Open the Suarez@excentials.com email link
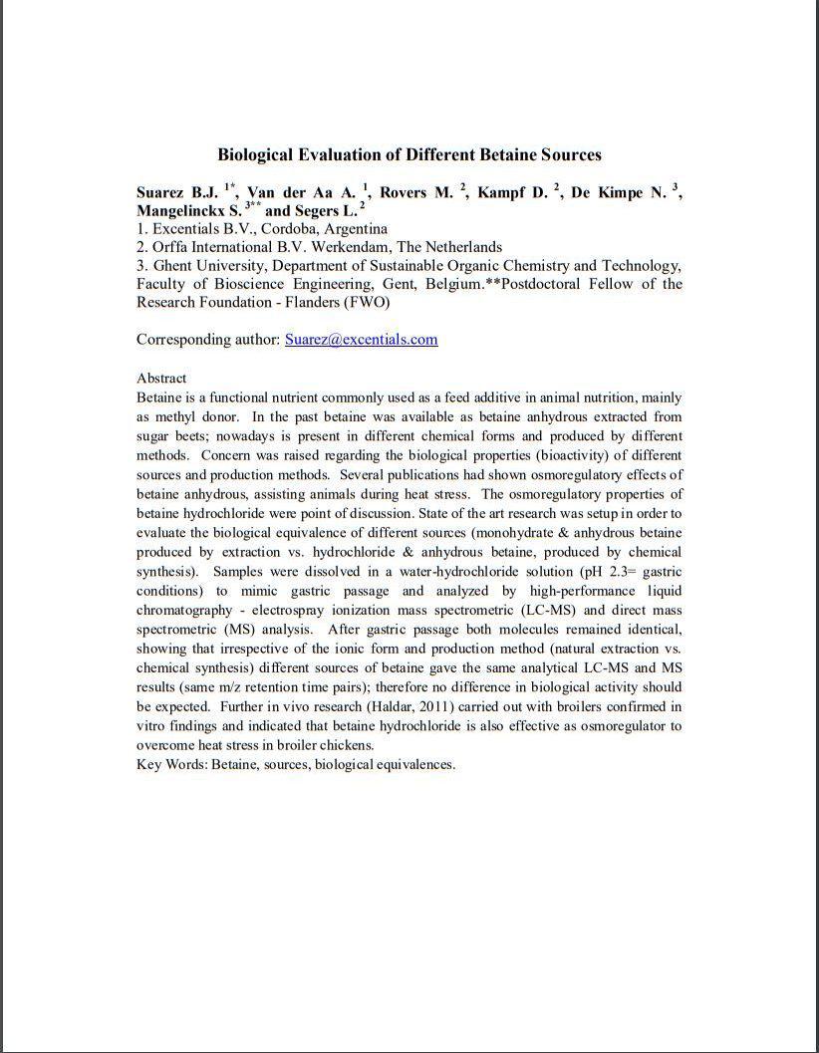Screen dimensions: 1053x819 pyautogui.click(x=361, y=339)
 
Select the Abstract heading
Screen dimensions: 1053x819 pyautogui.click(x=161, y=378)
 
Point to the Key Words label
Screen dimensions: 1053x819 pyautogui.click(x=171, y=764)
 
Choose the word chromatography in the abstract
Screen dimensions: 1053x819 pyautogui.click(x=186, y=610)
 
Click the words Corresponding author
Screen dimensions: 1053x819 pyautogui.click(x=207, y=339)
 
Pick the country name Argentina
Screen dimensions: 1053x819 pyautogui.click(x=357, y=228)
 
